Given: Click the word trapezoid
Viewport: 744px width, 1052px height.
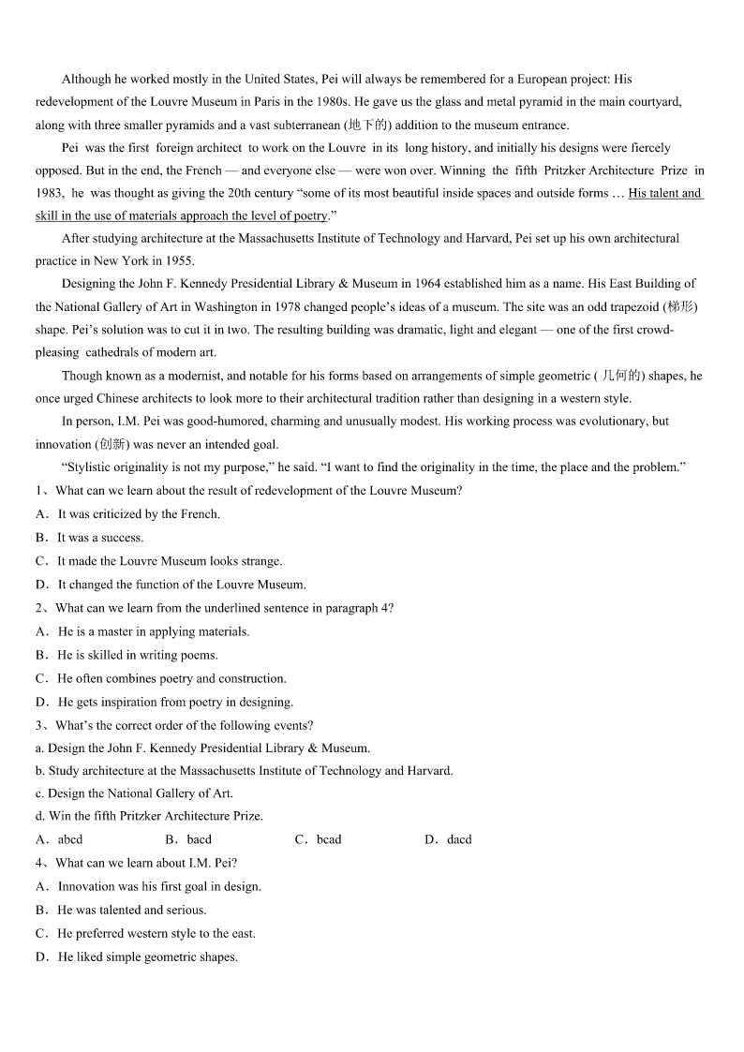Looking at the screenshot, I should point(630,306).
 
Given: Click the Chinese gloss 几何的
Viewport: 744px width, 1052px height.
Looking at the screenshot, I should point(621,376).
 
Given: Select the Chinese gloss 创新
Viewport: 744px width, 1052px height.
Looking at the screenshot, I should point(112,444).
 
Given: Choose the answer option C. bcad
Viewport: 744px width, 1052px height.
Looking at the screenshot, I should point(319,839).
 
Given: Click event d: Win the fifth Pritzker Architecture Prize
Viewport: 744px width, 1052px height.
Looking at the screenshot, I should point(150,816).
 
